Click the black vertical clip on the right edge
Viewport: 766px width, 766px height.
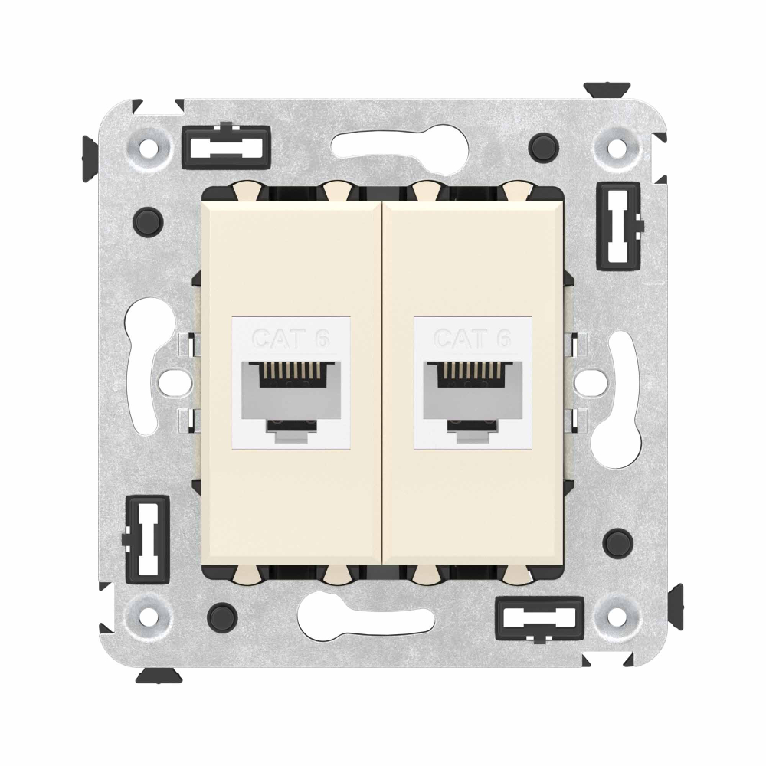[x=619, y=222]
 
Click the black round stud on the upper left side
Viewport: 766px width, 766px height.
[x=149, y=219]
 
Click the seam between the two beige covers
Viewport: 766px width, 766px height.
[x=381, y=383]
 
